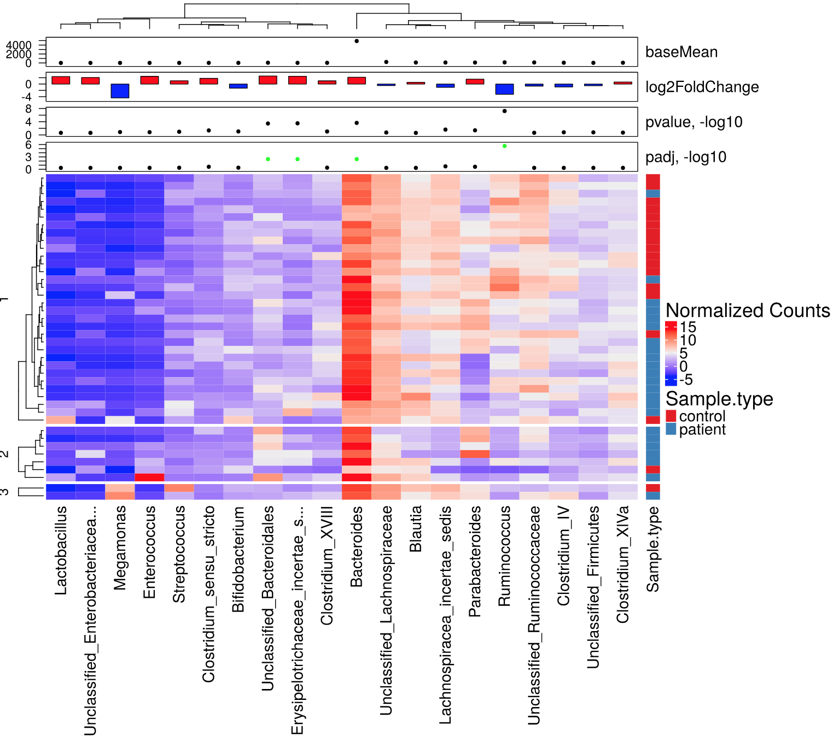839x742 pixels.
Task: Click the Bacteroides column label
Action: pyautogui.click(x=357, y=546)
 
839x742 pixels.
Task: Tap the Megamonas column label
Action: pyautogui.click(x=120, y=547)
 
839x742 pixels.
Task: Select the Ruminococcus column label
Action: pyautogui.click(x=504, y=556)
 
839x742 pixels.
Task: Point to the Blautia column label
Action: pyautogui.click(x=416, y=528)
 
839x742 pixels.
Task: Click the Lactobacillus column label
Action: pyautogui.click(x=61, y=550)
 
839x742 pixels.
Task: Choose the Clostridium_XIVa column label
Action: pyautogui.click(x=622, y=564)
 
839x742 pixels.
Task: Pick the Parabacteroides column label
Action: pyautogui.click(x=475, y=561)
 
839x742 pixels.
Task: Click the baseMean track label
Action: pyautogui.click(x=681, y=52)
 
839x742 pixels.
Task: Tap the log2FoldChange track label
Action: pyautogui.click(x=702, y=87)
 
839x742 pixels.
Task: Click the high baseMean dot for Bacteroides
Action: pyautogui.click(x=357, y=41)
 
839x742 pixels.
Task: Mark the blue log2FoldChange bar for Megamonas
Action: pyautogui.click(x=120, y=91)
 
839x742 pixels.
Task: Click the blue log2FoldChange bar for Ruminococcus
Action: pyautogui.click(x=504, y=89)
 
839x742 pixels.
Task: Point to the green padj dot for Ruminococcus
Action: pyautogui.click(x=504, y=146)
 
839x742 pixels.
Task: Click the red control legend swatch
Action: pyautogui.click(x=671, y=416)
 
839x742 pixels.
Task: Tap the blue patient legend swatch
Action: pyautogui.click(x=671, y=429)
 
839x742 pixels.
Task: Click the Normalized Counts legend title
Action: pyautogui.click(x=748, y=310)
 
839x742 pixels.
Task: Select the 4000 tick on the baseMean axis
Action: pyautogui.click(x=19, y=45)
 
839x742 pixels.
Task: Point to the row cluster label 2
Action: pyautogui.click(x=5, y=454)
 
